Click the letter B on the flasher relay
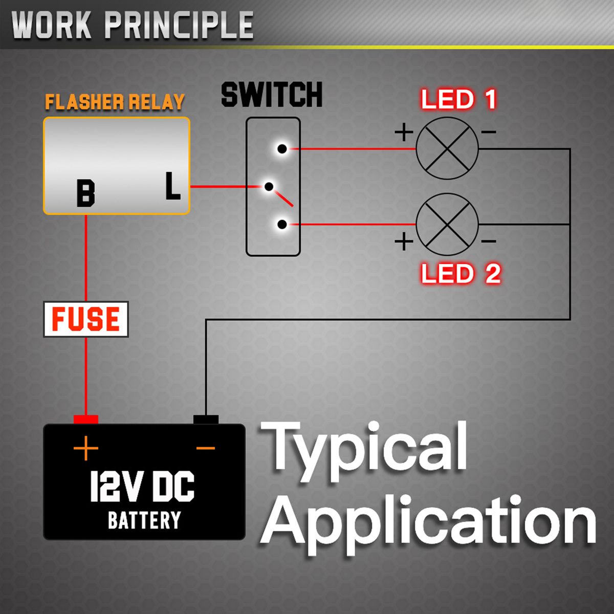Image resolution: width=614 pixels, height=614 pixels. (85, 193)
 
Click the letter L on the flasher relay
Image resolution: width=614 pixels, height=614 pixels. (173, 186)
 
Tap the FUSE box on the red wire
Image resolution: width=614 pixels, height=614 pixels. (85, 319)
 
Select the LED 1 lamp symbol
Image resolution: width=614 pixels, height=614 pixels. (447, 148)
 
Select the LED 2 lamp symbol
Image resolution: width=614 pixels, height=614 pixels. (447, 224)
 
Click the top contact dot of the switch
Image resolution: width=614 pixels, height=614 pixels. (281, 149)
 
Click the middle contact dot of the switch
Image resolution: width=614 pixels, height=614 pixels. (269, 187)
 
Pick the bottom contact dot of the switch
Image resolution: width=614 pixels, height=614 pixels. (281, 224)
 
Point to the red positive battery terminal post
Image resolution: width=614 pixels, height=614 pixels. (85, 420)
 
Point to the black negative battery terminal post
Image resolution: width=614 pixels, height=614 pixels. (206, 420)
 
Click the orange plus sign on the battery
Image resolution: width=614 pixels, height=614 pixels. (85, 449)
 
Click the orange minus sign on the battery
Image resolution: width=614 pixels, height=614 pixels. (206, 449)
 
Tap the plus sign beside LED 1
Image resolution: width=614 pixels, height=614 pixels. (404, 133)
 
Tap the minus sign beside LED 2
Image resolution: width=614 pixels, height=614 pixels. (489, 241)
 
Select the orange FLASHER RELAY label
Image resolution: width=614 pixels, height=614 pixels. (115, 102)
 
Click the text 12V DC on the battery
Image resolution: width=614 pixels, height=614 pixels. (142, 487)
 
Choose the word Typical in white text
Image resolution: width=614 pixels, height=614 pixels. (364, 447)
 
